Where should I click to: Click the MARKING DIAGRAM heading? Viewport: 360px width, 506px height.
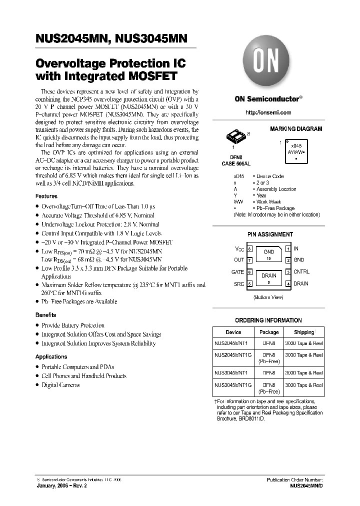(x=296, y=129)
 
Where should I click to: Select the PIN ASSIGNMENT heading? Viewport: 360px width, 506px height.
(x=270, y=234)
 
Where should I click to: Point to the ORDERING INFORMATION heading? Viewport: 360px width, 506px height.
(x=268, y=320)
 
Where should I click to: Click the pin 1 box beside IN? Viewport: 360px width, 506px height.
(x=288, y=248)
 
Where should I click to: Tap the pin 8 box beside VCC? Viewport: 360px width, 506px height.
(x=249, y=248)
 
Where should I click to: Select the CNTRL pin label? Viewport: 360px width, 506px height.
(x=301, y=272)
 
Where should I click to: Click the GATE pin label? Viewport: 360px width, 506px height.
(x=238, y=272)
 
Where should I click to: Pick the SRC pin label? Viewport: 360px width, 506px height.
(x=239, y=284)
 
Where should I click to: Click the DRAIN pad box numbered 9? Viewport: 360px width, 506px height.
(x=269, y=278)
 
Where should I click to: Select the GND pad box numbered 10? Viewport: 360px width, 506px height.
(x=269, y=254)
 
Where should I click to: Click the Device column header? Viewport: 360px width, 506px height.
(x=233, y=332)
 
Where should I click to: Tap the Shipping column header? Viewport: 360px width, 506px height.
(x=304, y=332)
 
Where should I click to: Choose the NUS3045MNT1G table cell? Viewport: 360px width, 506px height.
(x=233, y=386)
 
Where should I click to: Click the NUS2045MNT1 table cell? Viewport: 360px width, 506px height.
(x=233, y=343)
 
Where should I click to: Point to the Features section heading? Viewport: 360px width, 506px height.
(x=46, y=196)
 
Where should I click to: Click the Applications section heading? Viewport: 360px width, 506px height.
(x=51, y=356)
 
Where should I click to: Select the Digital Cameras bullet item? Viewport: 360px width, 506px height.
(x=60, y=385)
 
